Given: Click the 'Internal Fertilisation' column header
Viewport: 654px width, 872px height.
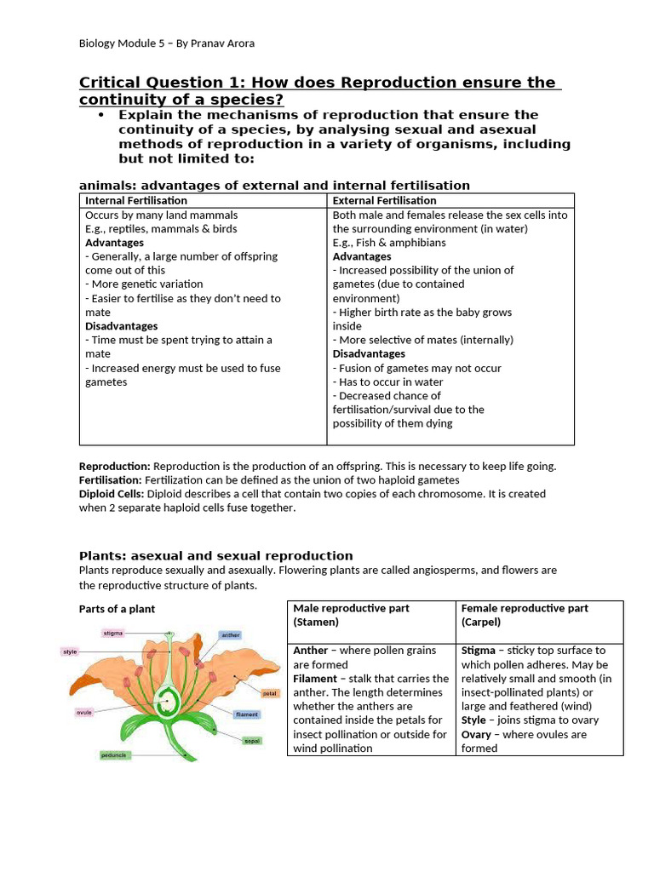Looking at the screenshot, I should (x=136, y=200).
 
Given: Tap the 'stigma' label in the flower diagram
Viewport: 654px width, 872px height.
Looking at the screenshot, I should (x=112, y=633).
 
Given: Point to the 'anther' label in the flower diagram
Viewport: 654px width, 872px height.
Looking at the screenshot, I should (x=230, y=634).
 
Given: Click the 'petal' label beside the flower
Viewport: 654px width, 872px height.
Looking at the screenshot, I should (x=270, y=693).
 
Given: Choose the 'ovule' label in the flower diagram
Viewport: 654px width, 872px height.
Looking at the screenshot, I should (x=84, y=713).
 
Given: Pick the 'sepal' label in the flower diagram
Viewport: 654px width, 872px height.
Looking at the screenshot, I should (x=252, y=741).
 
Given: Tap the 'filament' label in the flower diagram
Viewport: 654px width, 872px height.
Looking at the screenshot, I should (x=247, y=714).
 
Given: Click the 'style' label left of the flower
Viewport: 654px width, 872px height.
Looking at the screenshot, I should (x=70, y=651).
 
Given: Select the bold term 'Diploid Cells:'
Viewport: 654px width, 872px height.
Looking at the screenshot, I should (x=112, y=494).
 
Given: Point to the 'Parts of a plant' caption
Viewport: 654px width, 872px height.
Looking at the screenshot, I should (x=117, y=609).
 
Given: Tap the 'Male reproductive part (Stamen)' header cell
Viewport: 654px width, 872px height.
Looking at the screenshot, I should (x=351, y=615).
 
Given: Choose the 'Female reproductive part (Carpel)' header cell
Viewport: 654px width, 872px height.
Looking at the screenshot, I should (x=524, y=615).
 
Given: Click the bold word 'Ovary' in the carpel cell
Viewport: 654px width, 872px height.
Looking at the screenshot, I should (x=477, y=734).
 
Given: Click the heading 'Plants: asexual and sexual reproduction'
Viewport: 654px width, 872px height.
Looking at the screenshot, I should (x=215, y=555).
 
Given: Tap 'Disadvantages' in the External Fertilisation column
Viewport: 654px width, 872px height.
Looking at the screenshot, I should (x=369, y=353).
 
